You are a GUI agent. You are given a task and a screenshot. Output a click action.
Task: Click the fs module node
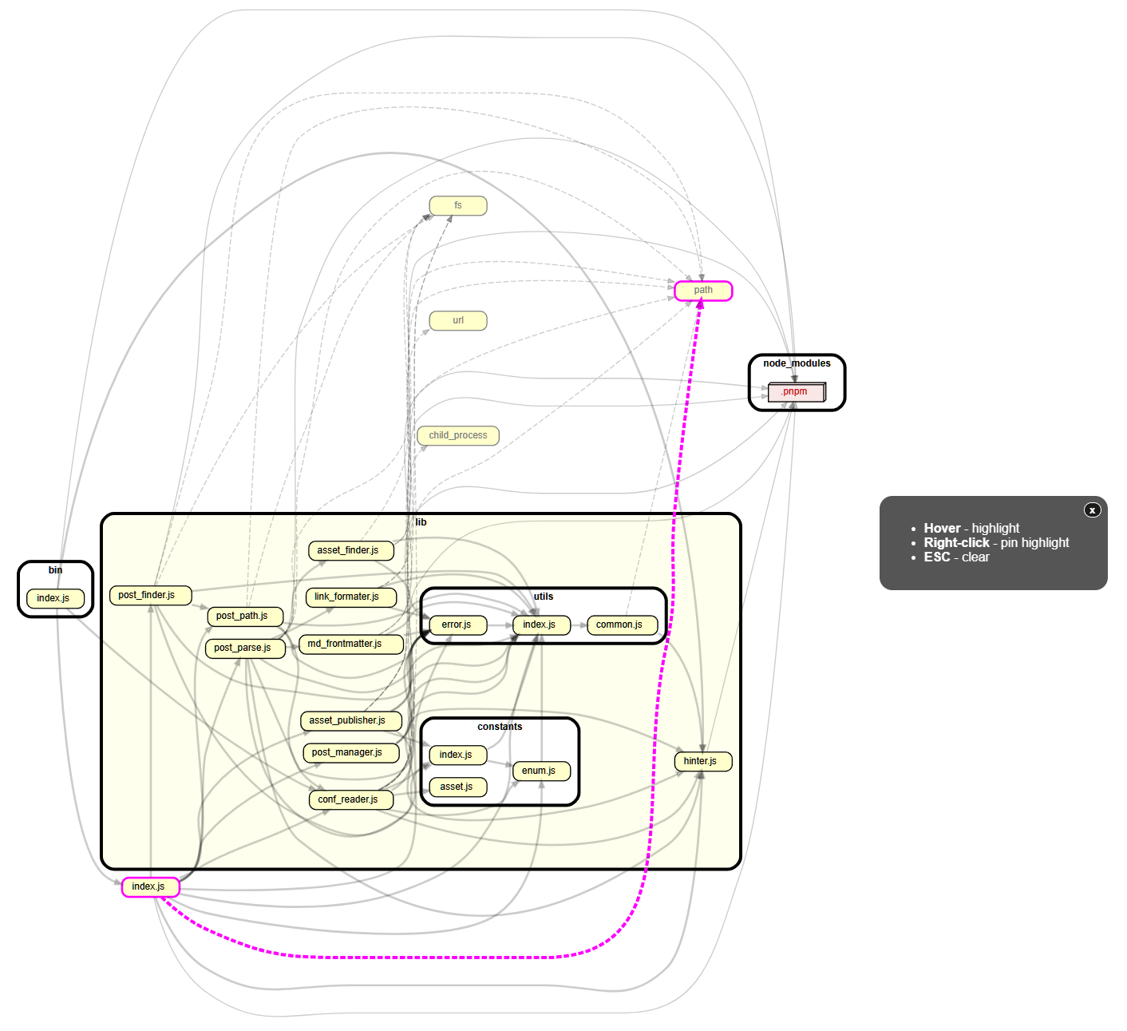pos(458,205)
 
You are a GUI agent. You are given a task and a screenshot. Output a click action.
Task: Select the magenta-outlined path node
pos(703,290)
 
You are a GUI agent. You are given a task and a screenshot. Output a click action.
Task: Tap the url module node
pos(458,320)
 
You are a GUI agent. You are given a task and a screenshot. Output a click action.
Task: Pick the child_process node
pos(458,435)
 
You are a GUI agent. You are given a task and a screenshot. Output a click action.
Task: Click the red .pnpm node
pos(795,391)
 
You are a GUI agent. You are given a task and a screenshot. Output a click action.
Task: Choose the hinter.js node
pos(702,761)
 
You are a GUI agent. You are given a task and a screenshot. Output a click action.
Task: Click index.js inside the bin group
pos(54,598)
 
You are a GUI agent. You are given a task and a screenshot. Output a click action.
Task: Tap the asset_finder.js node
pos(350,550)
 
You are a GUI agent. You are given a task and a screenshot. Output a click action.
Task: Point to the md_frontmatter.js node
pos(351,644)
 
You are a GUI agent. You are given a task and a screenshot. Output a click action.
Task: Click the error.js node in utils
pos(457,625)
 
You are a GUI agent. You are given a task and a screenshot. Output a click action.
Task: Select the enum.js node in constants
pos(540,771)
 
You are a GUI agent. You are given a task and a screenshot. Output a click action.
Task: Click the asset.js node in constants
pos(457,787)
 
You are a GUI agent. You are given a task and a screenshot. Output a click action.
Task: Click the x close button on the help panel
pos(1092,510)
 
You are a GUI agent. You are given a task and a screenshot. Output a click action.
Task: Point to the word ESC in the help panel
pos(937,557)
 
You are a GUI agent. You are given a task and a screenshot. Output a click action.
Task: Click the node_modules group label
pos(797,363)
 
